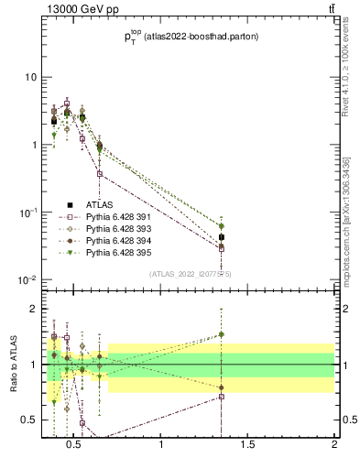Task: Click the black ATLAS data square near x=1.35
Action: [x=221, y=237]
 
